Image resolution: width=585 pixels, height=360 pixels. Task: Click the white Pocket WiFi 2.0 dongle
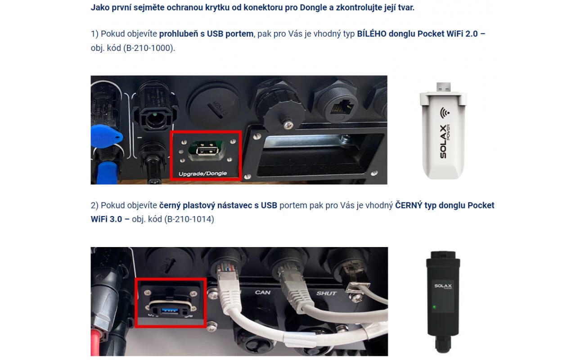[x=443, y=131]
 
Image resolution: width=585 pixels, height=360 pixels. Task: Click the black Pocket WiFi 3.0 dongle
[x=443, y=302]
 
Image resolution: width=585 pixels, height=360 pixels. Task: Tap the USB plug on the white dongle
[x=443, y=87]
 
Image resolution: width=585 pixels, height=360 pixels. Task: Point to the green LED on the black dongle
[x=434, y=307]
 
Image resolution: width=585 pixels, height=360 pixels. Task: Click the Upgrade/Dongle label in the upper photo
[x=202, y=173]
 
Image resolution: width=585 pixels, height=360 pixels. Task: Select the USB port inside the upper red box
[x=207, y=151]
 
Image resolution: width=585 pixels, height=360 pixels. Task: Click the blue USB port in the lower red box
[x=170, y=311]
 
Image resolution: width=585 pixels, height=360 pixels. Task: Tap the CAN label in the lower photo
[x=262, y=292]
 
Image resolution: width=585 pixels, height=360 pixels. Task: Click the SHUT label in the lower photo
[x=326, y=293]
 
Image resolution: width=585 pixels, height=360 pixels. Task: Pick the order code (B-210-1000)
[x=148, y=48]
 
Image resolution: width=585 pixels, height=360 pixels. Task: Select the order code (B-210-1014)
[x=189, y=219]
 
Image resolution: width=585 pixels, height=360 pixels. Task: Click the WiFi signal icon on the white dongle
[x=445, y=112]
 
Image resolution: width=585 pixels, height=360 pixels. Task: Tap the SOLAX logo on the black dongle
[x=443, y=286]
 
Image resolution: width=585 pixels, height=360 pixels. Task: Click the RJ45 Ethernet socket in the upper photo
[x=342, y=107]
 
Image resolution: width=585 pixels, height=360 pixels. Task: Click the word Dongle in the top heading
[x=313, y=8]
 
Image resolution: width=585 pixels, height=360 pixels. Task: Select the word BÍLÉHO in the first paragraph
[x=372, y=34]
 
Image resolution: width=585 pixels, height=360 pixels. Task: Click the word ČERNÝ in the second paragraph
[x=409, y=205]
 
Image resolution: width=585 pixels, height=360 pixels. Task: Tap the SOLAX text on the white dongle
[x=443, y=142]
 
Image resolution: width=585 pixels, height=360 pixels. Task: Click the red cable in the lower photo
[x=95, y=342]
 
